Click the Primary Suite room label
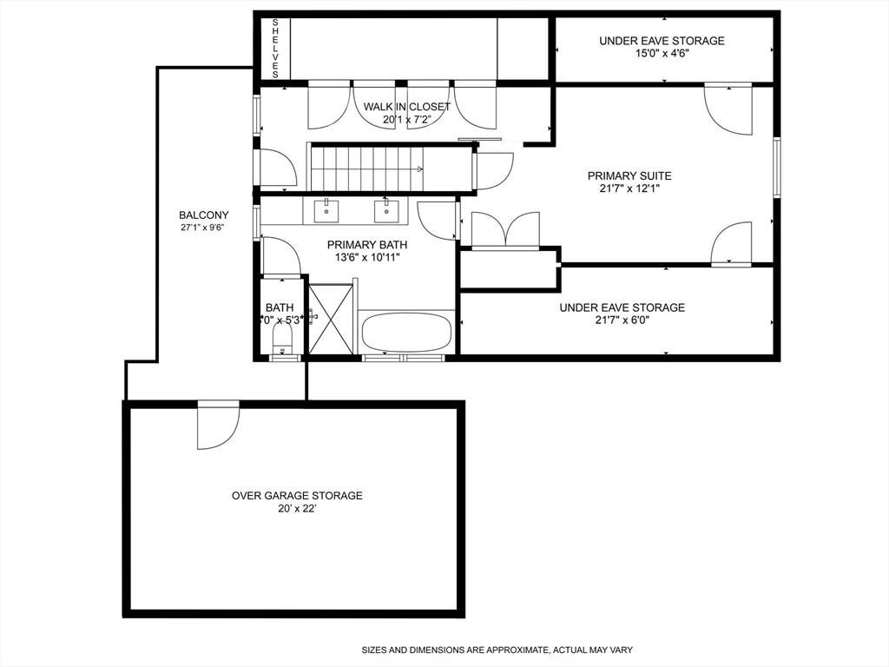coord(629,176)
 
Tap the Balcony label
coord(203,215)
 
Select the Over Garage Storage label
coord(296,496)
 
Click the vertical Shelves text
coord(275,49)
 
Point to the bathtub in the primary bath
coord(406,333)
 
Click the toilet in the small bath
coord(282,338)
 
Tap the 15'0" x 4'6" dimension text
coord(661,55)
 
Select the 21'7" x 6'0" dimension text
coord(621,320)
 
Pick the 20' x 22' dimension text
coord(296,510)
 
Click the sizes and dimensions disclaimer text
coord(497,650)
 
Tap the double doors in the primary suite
coord(504,231)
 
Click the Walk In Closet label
coord(406,107)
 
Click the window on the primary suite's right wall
coord(777,167)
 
